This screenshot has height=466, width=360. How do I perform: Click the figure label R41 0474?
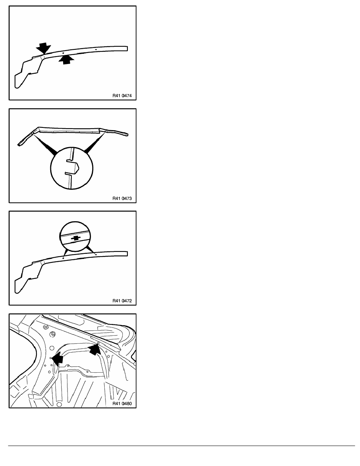(x=122, y=96)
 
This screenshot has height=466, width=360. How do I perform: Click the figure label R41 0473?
(x=122, y=198)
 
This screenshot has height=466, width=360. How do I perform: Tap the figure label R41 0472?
(x=122, y=301)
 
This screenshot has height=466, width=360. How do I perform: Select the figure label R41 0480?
(x=122, y=404)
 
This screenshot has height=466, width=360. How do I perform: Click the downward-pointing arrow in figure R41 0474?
(x=44, y=47)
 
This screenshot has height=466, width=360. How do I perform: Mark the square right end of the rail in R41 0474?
(x=127, y=48)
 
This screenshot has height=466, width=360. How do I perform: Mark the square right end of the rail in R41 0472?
(x=127, y=253)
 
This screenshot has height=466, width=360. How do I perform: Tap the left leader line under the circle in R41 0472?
(x=65, y=252)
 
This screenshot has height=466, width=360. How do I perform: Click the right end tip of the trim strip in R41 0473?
(x=128, y=135)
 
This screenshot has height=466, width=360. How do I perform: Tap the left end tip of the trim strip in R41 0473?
(x=19, y=145)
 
